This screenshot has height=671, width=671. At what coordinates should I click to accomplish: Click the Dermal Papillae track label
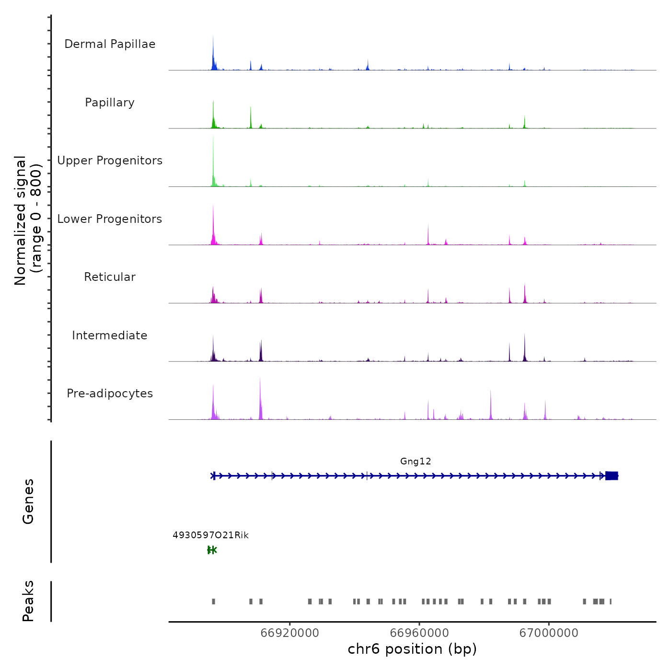pos(110,44)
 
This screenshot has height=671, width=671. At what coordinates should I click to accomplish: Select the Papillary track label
pos(110,103)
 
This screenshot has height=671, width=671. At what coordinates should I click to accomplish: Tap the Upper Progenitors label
pos(110,161)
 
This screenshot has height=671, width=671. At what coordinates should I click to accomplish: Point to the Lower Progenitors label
pos(110,219)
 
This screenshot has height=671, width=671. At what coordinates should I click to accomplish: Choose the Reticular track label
pos(110,277)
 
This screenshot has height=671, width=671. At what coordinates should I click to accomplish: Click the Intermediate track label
pos(110,335)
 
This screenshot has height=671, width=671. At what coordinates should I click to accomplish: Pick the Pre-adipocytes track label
pos(110,393)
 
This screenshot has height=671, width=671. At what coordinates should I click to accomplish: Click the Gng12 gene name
pos(416,462)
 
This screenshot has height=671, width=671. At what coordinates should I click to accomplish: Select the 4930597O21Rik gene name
pos(210,535)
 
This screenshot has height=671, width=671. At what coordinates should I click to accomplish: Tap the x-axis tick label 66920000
pos(289,633)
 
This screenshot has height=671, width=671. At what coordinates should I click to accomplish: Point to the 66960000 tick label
pos(419,633)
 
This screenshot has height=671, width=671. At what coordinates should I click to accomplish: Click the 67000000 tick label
pos(549,633)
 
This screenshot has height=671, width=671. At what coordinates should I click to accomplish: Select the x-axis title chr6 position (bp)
pos(412,649)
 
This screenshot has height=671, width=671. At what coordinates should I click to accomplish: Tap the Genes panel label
pos(28,501)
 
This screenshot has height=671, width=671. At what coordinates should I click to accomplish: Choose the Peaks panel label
pos(28,601)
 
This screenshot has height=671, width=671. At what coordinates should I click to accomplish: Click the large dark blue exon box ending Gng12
pos(612,476)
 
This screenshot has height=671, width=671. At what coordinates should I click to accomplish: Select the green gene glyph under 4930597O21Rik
pos(212,550)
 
